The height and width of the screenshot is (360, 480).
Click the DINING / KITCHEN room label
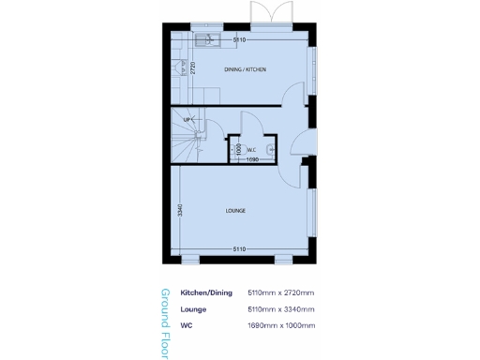click(x=246, y=69)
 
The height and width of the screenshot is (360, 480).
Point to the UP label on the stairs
click(x=187, y=120)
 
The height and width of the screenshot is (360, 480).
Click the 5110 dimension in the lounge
click(x=239, y=248)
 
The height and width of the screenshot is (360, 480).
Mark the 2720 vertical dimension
click(x=191, y=67)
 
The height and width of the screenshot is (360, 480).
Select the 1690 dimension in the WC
click(x=252, y=159)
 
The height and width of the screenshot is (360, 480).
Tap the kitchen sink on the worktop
click(x=207, y=40)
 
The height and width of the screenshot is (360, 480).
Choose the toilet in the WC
click(x=270, y=148)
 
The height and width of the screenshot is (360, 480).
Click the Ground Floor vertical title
click(x=166, y=318)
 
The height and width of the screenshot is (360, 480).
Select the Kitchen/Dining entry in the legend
click(x=205, y=293)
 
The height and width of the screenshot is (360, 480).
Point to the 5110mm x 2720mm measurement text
click(x=280, y=293)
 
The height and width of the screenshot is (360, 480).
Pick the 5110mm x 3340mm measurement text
click(x=280, y=308)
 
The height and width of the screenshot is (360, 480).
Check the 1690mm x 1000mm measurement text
click(x=280, y=324)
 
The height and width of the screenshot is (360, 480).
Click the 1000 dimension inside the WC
click(x=239, y=148)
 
